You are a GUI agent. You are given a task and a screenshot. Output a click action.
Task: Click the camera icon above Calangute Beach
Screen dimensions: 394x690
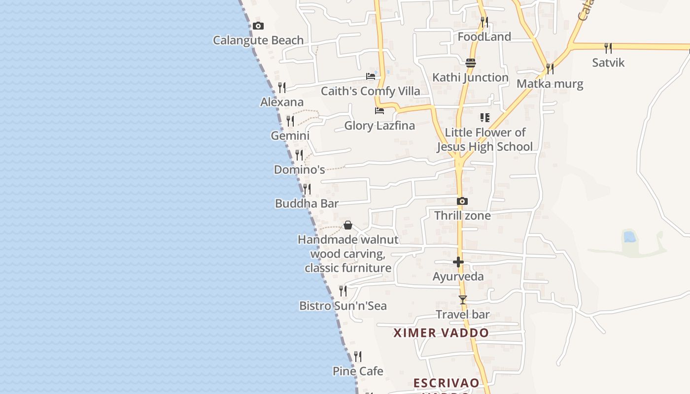[x=258, y=26]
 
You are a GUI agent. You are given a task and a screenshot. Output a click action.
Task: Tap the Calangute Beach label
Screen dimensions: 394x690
[x=258, y=40]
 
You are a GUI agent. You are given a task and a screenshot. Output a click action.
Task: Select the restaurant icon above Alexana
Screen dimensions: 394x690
[x=282, y=88]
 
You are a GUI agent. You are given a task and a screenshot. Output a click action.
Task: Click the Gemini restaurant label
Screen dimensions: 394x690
[x=290, y=135]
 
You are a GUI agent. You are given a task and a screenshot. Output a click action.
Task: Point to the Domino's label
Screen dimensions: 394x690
[x=299, y=170]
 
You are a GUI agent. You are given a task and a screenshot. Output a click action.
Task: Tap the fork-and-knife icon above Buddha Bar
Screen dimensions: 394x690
[x=307, y=189]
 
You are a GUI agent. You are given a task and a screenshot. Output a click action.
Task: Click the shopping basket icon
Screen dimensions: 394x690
[x=348, y=226]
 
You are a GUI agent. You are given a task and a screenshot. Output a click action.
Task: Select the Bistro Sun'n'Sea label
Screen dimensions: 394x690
[x=343, y=306]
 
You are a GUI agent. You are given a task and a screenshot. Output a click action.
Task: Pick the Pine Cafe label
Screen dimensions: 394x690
[x=358, y=371]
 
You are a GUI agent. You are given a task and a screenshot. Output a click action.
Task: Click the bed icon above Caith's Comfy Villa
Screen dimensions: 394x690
[x=371, y=76]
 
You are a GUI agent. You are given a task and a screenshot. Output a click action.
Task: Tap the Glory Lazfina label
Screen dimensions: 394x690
[x=379, y=126]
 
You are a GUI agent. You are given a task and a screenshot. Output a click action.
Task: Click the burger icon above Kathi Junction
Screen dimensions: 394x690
[x=471, y=63]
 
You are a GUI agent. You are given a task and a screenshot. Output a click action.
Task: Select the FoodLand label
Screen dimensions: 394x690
[x=484, y=37]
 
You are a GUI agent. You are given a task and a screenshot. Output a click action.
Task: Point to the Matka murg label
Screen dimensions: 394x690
[x=550, y=84]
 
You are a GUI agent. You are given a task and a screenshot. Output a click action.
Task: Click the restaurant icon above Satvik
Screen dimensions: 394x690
[x=608, y=48]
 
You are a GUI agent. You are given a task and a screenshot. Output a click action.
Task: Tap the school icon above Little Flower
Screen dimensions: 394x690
[x=484, y=118]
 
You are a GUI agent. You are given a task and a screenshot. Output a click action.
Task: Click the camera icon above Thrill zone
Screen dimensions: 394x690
[x=462, y=201]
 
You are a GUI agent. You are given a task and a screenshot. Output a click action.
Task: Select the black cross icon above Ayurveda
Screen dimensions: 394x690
[x=458, y=262]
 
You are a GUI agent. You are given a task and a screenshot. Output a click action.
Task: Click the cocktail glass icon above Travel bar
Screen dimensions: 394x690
[x=462, y=300]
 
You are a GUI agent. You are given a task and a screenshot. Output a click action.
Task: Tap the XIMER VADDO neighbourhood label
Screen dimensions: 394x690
[x=441, y=333]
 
